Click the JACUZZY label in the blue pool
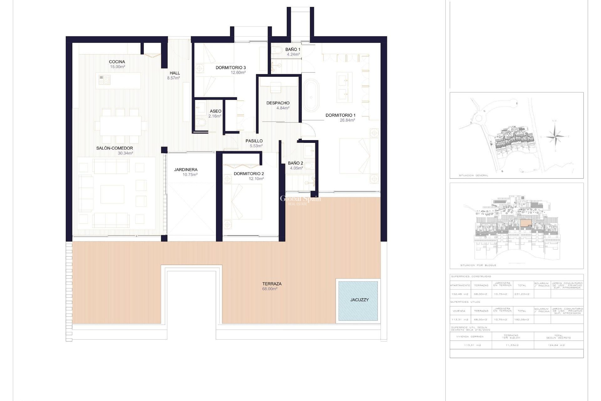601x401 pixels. (x=359, y=300)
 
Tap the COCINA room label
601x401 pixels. (x=117, y=62)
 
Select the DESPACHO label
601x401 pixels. (x=278, y=103)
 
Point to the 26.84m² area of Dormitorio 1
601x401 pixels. (x=347, y=120)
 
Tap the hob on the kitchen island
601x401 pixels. (x=105, y=80)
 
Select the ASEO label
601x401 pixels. (x=215, y=111)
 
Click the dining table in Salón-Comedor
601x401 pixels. (x=121, y=126)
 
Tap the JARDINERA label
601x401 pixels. (x=186, y=170)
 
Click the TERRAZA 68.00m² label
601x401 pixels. (x=272, y=286)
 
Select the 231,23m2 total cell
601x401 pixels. (x=522, y=294)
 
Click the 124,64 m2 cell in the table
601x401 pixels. (x=558, y=345)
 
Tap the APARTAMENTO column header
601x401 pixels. (x=460, y=285)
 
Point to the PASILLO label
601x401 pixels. (x=254, y=141)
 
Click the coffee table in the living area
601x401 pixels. (x=112, y=194)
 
